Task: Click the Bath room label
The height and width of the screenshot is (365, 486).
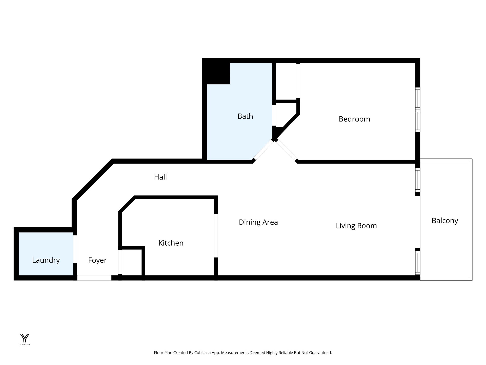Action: (x=245, y=116)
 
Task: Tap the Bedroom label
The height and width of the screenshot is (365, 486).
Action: (x=354, y=119)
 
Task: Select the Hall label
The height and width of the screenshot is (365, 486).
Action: (x=160, y=177)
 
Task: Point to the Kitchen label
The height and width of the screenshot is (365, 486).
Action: (x=171, y=243)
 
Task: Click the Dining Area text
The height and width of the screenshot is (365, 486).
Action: (x=258, y=222)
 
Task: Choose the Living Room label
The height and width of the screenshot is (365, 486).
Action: (x=356, y=226)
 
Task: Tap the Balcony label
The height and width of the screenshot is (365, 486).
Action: (x=445, y=221)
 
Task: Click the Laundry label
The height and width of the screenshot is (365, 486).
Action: (x=46, y=260)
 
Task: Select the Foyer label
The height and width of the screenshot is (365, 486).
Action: (x=97, y=260)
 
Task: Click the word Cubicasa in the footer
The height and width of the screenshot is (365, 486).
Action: (x=201, y=353)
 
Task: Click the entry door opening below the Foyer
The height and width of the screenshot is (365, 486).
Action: (x=94, y=278)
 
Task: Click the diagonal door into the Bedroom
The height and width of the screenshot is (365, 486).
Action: (x=286, y=151)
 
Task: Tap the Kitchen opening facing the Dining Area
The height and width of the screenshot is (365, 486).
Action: (x=216, y=236)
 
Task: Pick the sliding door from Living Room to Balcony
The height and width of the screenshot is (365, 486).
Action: (x=417, y=222)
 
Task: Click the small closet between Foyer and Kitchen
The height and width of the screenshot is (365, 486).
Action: (x=131, y=262)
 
